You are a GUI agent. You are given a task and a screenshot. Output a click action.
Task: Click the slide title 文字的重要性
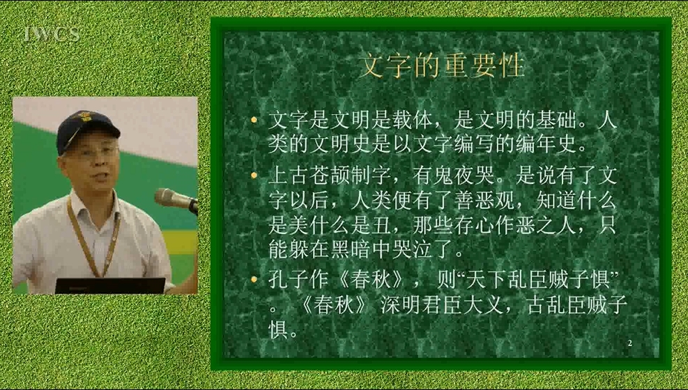(441, 65)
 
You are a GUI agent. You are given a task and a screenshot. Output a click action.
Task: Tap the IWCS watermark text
(52, 33)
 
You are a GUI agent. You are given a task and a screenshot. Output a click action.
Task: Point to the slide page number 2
(630, 343)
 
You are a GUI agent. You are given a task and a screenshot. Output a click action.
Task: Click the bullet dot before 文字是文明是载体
(254, 120)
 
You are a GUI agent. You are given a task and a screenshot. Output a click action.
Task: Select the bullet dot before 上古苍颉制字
(254, 175)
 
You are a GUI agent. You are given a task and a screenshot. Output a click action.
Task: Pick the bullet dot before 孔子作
(254, 279)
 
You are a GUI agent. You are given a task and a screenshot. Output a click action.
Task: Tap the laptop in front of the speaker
(110, 286)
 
